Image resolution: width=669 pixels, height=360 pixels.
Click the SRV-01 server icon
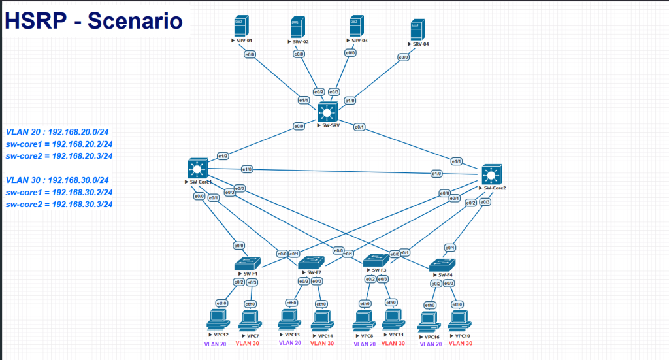pos(239,26)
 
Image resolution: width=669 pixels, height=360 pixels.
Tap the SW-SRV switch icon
pos(326,112)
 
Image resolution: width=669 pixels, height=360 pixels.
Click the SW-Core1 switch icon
pos(196,168)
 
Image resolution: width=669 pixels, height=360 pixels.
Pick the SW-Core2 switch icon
pos(491,174)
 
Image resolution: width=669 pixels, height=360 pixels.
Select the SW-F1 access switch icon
pos(248,264)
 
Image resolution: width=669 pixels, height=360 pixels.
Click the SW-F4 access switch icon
pos(438,265)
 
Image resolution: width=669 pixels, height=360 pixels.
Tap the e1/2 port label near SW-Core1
pos(223,156)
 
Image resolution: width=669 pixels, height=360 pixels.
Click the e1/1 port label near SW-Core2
pos(456,161)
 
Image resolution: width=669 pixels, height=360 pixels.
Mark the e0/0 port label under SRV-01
pos(250,54)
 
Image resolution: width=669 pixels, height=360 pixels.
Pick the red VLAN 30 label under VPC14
pos(321,342)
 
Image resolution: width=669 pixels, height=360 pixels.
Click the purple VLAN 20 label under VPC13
pos(289,342)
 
